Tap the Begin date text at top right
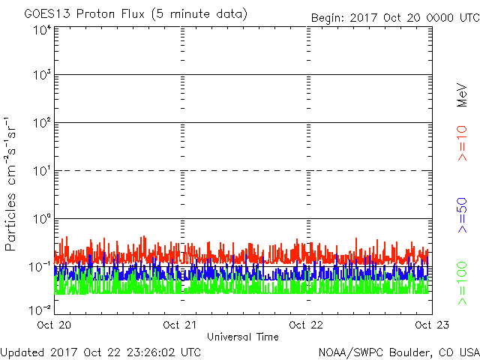click(x=395, y=18)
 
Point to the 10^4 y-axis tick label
click(x=42, y=31)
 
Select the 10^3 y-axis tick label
click(x=42, y=75)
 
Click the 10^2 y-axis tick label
click(x=42, y=123)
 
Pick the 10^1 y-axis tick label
click(x=42, y=171)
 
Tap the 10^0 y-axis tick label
click(x=42, y=219)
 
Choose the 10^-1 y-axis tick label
click(x=40, y=267)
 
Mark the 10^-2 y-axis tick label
click(x=40, y=310)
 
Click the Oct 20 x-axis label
click(x=54, y=325)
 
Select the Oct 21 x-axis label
click(x=180, y=325)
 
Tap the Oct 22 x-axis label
click(x=306, y=325)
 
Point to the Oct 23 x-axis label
click(x=432, y=325)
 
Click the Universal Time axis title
click(x=243, y=337)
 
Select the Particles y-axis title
click(x=10, y=222)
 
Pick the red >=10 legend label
click(x=462, y=143)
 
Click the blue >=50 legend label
click(x=462, y=215)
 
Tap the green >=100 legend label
click(x=462, y=283)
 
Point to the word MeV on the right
click(x=462, y=95)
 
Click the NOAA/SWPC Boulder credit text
click(x=399, y=353)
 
